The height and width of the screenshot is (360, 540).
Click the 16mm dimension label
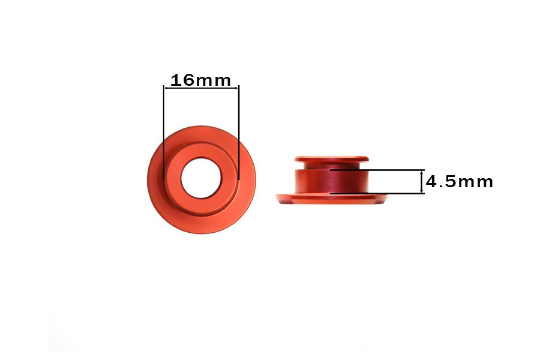click(x=200, y=80)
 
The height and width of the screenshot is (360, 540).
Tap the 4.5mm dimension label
click(x=460, y=182)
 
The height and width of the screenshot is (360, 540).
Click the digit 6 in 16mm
click(x=188, y=80)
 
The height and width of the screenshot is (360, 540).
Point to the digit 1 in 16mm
click(x=175, y=80)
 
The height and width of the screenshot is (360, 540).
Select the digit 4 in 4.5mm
click(x=433, y=182)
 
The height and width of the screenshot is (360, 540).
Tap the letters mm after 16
click(x=213, y=82)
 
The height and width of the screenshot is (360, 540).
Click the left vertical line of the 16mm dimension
click(x=164, y=132)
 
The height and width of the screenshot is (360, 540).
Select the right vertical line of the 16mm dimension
click(x=239, y=132)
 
